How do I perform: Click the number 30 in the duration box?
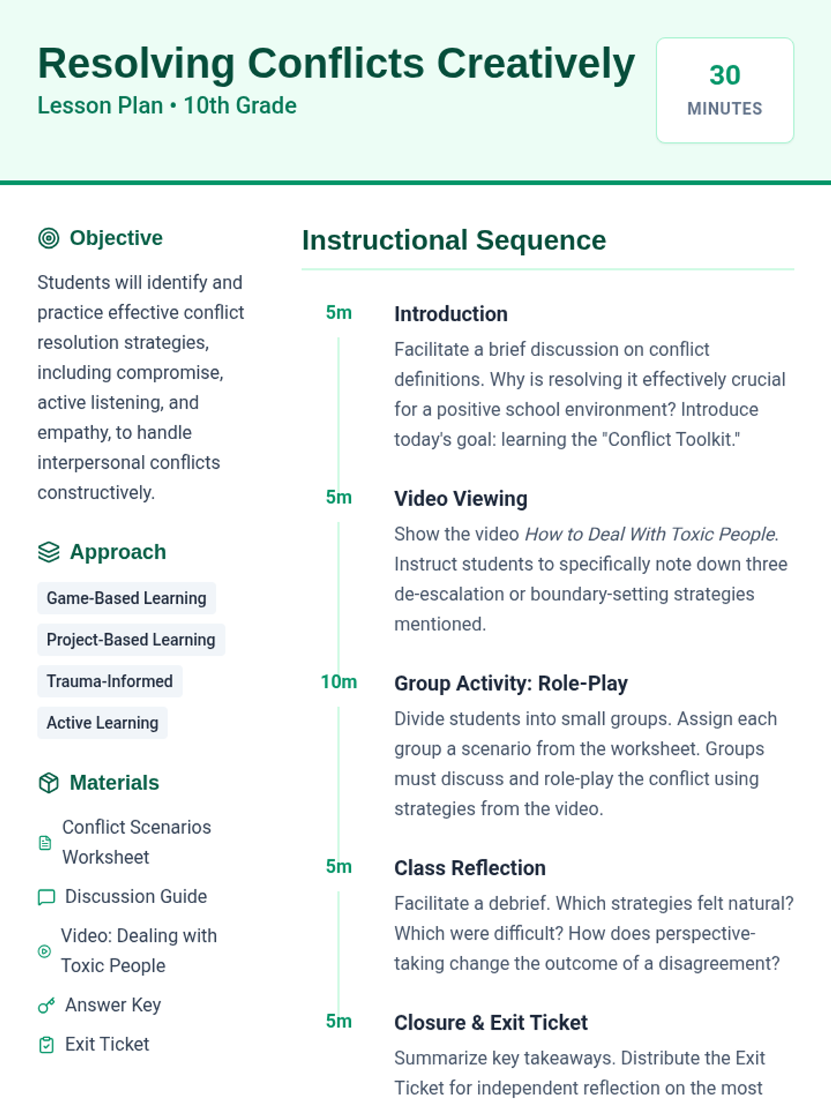[x=724, y=75]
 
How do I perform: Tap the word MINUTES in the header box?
[x=724, y=109]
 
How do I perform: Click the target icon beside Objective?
[x=48, y=238]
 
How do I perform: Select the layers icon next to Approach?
[x=48, y=552]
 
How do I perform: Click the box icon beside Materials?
[x=48, y=783]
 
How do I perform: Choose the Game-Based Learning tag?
[x=126, y=598]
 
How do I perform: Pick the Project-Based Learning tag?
[x=131, y=640]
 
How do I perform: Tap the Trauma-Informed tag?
[x=109, y=681]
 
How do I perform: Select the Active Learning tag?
[x=102, y=723]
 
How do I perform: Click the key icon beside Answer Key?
[x=46, y=1006]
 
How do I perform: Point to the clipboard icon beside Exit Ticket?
[x=46, y=1045]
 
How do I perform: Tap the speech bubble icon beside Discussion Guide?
[x=46, y=897]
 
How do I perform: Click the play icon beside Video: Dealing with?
[x=44, y=951]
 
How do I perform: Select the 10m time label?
[x=339, y=682]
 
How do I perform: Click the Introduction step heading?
[x=451, y=314]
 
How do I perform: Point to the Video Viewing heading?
[x=461, y=499]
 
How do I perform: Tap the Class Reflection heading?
[x=470, y=868]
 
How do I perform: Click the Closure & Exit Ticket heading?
[x=490, y=1023]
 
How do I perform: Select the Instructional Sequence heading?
[x=454, y=240]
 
